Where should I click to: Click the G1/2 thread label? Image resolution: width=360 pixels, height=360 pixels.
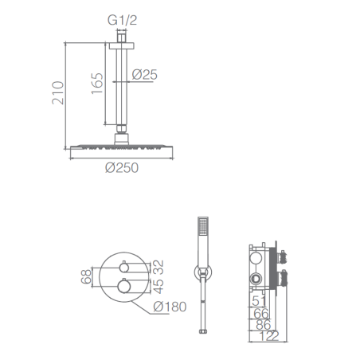[122, 20]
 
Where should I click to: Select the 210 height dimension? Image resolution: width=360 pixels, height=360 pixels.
[58, 93]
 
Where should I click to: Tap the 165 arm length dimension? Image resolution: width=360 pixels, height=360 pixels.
[97, 83]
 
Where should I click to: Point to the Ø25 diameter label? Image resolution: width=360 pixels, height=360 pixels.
[145, 75]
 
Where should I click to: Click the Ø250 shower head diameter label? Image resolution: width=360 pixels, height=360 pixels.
[122, 168]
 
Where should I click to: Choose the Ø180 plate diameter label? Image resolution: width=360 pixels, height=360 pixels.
[170, 307]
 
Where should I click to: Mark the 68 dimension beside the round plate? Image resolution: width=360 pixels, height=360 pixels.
[86, 276]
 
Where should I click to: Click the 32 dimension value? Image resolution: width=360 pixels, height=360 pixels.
[158, 267]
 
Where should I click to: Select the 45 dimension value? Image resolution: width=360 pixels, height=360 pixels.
[158, 287]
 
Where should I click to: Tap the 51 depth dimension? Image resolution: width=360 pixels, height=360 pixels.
[259, 301]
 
